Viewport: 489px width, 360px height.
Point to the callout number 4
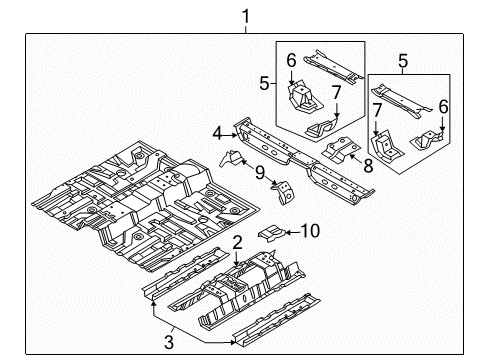tap(218, 130)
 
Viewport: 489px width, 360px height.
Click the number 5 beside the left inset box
tap(265, 83)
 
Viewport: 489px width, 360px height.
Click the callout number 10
tap(312, 232)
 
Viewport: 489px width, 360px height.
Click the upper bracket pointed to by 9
tap(231, 160)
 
